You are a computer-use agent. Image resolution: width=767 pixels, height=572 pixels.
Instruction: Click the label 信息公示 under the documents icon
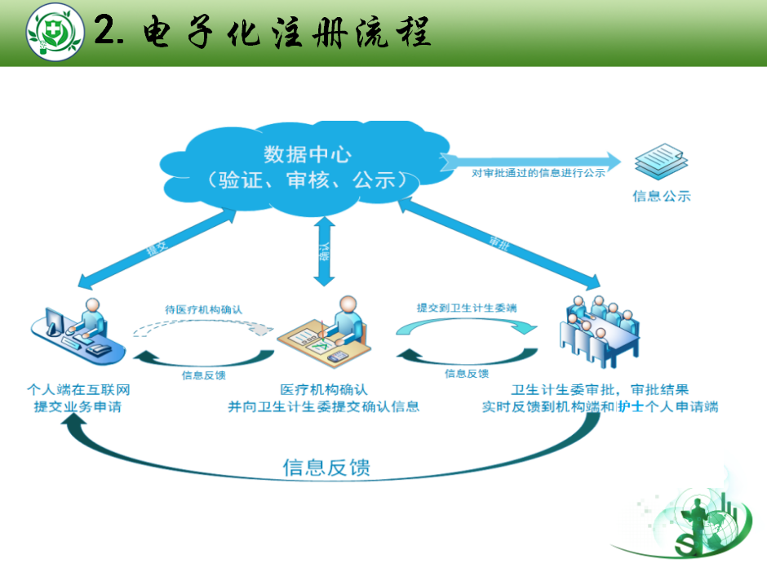pyautogui.click(x=661, y=196)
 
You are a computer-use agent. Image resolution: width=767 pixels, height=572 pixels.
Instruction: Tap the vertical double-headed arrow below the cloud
pyautogui.click(x=325, y=252)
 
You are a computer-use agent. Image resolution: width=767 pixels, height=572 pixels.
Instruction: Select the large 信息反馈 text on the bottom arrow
pyautogui.click(x=326, y=468)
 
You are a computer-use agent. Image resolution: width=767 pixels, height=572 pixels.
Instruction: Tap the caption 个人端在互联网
pyautogui.click(x=73, y=390)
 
